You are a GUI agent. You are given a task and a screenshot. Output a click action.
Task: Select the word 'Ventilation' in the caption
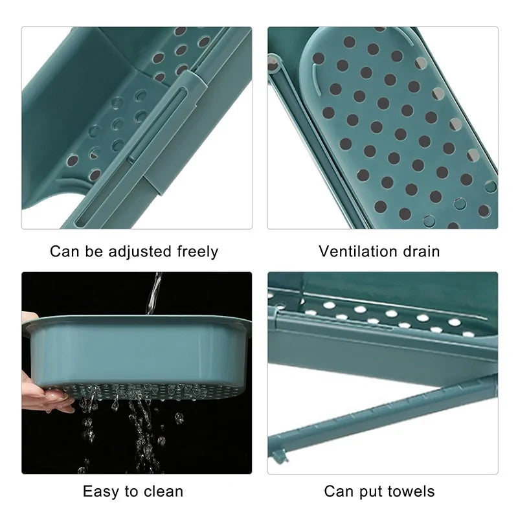tap(357, 251)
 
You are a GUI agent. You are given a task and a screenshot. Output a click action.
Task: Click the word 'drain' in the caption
tap(420, 251)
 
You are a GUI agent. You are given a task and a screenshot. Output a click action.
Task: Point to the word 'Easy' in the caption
tap(100, 491)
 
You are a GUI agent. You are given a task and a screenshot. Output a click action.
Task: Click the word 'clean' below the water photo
tap(162, 491)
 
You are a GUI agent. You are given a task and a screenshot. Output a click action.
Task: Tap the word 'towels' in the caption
tap(411, 491)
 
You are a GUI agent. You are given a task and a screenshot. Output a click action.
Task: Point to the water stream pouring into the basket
tap(153, 291)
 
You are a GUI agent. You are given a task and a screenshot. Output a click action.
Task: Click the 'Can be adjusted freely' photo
tap(136, 128)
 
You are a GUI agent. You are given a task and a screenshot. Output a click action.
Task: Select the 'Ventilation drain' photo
tap(383, 128)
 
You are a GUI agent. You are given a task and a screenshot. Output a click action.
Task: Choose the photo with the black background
tap(136, 373)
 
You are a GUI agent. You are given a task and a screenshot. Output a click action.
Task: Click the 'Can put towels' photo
tap(383, 373)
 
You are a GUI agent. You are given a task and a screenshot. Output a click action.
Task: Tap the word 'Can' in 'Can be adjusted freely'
tap(65, 251)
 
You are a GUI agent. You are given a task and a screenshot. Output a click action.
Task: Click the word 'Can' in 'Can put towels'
tap(339, 491)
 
